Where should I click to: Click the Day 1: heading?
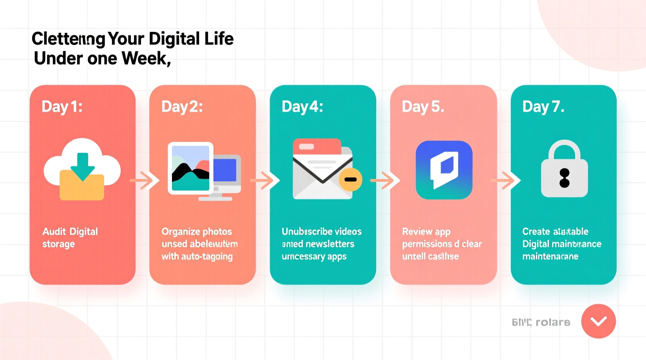pos(62,107)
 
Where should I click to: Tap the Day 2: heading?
pos(182,107)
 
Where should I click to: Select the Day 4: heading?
pos(302,107)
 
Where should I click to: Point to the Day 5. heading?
pos(423,107)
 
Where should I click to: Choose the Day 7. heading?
pos(543,107)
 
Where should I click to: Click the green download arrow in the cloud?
pos(82,166)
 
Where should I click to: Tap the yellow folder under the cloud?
pos(82,188)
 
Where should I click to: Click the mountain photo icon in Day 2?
pos(191,168)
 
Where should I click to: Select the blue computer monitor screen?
pos(225,170)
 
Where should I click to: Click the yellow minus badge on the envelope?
pos(350,179)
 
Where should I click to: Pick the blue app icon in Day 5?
pos(444,170)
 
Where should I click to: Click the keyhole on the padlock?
pos(564,178)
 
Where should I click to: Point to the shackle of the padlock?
pos(564,149)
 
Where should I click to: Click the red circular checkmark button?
pos(598,321)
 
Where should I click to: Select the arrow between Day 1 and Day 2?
pos(144,180)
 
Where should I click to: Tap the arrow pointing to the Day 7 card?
pos(505,180)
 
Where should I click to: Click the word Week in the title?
pos(146,59)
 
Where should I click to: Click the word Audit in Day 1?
pos(54,232)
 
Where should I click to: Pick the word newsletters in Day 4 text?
pos(330,244)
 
